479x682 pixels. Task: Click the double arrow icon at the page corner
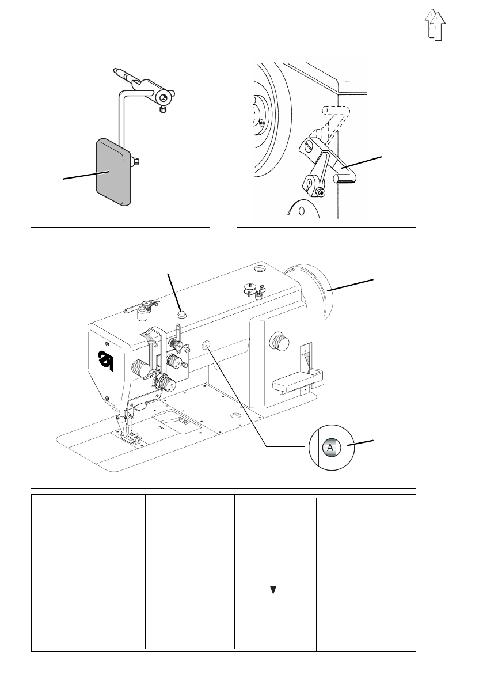point(435,25)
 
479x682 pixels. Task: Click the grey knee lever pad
point(113,172)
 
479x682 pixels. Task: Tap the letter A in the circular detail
point(330,448)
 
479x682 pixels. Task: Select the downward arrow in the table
point(273,571)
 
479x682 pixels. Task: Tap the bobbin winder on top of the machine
point(251,289)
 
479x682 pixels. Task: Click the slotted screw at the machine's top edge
point(260,267)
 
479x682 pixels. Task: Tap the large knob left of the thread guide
point(139,368)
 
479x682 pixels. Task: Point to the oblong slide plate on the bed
point(177,422)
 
